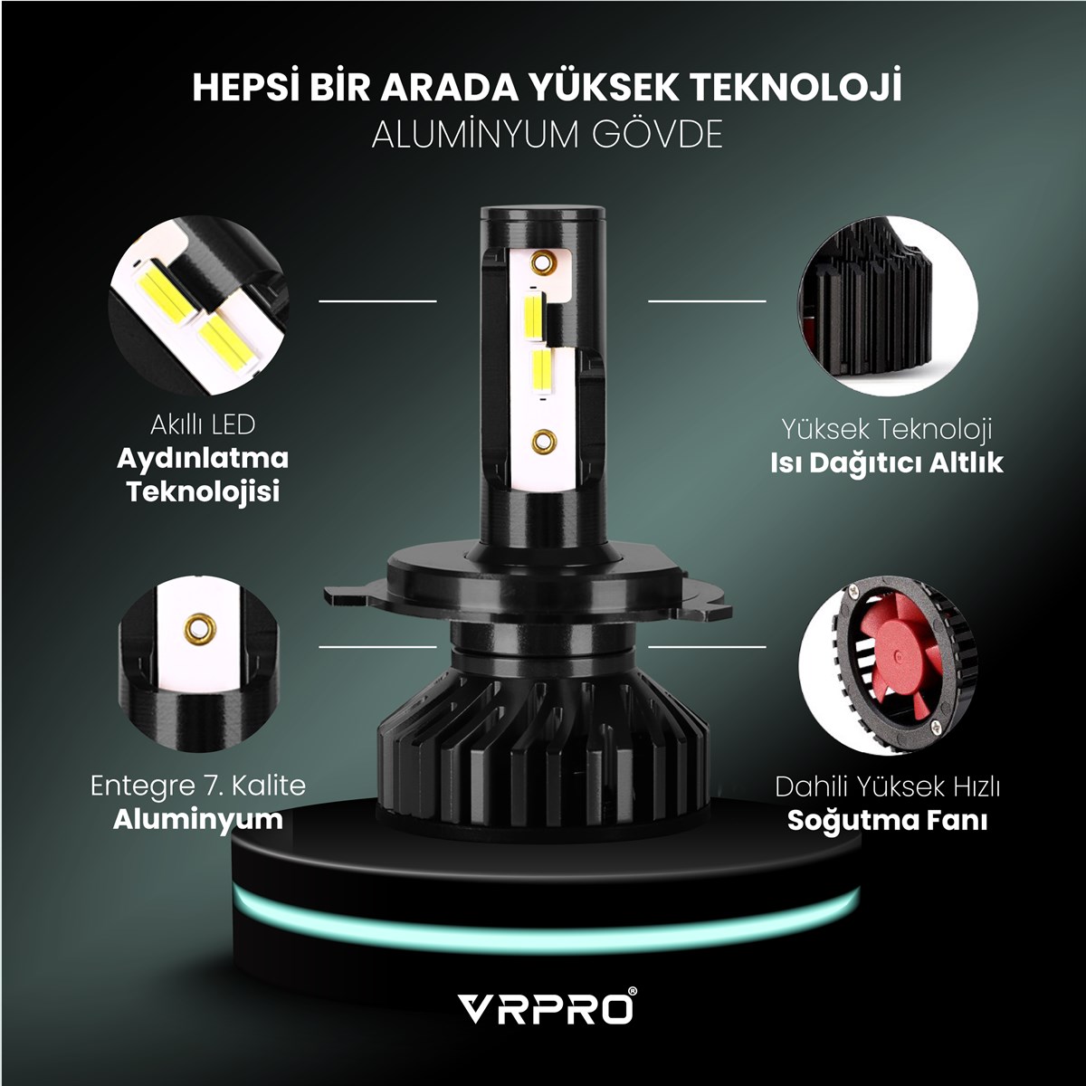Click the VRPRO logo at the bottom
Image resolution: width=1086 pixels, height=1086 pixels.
[546, 1008]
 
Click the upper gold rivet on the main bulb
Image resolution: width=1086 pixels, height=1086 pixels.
[542, 262]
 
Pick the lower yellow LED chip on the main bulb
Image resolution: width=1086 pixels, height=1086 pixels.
[542, 372]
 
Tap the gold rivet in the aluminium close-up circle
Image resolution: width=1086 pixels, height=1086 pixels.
[199, 628]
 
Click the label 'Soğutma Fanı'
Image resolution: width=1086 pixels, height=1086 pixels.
[887, 821]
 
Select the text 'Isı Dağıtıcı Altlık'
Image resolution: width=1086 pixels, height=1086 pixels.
[887, 463]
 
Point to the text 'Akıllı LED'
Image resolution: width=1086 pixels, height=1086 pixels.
[203, 425]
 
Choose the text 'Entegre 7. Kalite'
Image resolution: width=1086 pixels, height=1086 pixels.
[198, 786]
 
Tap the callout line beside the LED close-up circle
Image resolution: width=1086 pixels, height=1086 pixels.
[377, 301]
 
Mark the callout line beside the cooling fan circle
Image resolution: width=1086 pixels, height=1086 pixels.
[708, 646]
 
